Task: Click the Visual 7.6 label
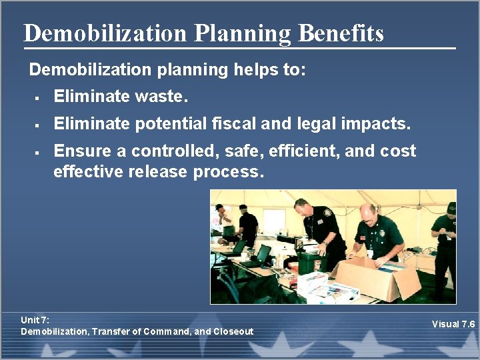[453, 324]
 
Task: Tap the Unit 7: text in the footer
[35, 320]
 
